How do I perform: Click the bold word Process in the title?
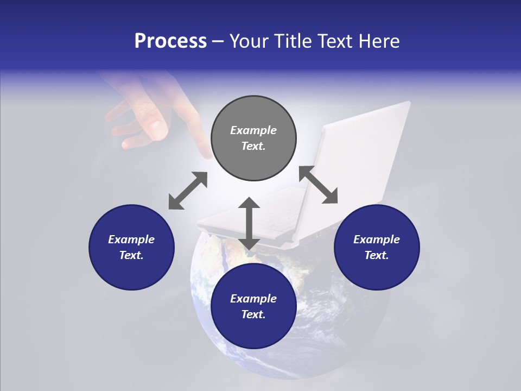(x=170, y=41)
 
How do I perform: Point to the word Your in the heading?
(x=250, y=41)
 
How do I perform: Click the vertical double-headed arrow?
(x=249, y=223)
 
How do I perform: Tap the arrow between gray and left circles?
(x=188, y=191)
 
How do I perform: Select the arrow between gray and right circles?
(x=319, y=185)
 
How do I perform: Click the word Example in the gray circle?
(x=253, y=130)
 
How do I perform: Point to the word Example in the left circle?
(x=131, y=239)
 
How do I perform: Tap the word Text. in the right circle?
(x=377, y=255)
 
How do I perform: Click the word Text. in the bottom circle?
(x=253, y=314)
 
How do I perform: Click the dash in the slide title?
(x=218, y=41)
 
